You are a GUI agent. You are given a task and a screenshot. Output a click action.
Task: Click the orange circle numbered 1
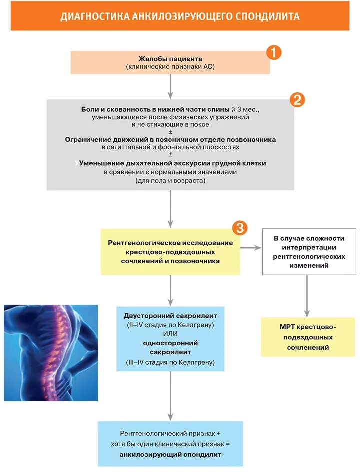point(273,52)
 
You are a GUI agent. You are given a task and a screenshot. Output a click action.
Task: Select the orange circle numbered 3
point(240,228)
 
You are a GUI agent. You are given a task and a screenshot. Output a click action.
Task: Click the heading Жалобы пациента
point(170,58)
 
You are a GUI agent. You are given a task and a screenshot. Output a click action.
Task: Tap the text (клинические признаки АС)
point(170,66)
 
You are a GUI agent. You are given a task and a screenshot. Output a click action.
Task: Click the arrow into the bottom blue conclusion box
point(170,395)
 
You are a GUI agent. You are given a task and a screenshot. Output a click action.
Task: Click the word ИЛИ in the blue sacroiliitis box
point(170,334)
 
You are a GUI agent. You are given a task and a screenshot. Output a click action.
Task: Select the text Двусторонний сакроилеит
point(170,316)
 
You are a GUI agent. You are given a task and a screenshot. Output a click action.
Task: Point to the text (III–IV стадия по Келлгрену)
point(170,362)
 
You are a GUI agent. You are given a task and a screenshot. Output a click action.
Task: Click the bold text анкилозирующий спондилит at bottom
point(170,455)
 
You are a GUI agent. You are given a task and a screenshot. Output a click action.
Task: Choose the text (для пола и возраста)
point(170,181)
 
